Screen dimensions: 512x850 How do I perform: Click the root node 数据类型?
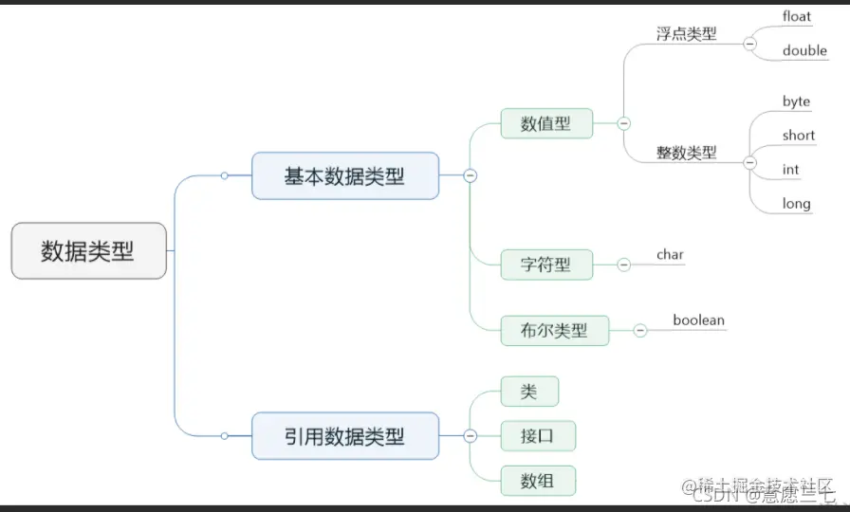click(88, 251)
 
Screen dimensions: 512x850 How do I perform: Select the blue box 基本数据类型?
click(344, 175)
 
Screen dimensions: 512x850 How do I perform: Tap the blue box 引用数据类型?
click(344, 436)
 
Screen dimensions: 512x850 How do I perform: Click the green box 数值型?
click(545, 123)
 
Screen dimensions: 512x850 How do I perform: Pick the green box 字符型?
click(545, 265)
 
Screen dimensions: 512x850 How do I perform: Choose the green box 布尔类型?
click(554, 330)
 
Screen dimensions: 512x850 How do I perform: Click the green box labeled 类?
click(528, 392)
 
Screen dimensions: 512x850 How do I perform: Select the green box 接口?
click(537, 436)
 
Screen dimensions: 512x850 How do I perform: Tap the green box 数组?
click(537, 480)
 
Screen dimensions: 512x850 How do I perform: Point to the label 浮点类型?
click(686, 34)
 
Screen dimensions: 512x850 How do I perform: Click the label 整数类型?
click(686, 152)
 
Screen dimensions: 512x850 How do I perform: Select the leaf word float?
click(797, 16)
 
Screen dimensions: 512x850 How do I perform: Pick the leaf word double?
click(804, 50)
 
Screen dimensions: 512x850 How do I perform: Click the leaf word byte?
click(796, 101)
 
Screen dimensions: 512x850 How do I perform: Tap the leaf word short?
click(798, 136)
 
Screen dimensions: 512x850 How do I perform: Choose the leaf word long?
click(796, 203)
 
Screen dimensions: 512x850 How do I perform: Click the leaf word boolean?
click(698, 320)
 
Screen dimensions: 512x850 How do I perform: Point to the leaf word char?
click(670, 254)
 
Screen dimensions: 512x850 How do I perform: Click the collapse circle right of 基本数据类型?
click(470, 175)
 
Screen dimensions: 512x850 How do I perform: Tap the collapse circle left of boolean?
click(640, 330)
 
